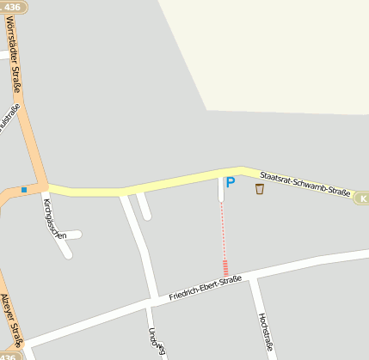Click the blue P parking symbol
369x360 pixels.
pyautogui.click(x=230, y=182)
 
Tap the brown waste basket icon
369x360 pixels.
pyautogui.click(x=260, y=188)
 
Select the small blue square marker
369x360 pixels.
pyautogui.click(x=24, y=189)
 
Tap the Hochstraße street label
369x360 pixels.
pyautogui.click(x=265, y=330)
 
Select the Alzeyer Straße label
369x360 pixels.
pyautogui.click(x=11, y=318)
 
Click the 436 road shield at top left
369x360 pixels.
pyautogui.click(x=11, y=6)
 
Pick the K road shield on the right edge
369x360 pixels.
pyautogui.click(x=362, y=198)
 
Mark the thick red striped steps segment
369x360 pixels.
pyautogui.click(x=225, y=267)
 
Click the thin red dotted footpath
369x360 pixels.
pyautogui.click(x=224, y=232)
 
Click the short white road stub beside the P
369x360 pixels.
pyautogui.click(x=221, y=192)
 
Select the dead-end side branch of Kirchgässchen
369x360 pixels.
pyautogui.click(x=72, y=235)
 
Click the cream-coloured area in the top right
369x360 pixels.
pyautogui.click(x=275, y=52)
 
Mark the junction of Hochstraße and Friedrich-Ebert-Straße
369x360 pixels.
pyautogui.click(x=253, y=279)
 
